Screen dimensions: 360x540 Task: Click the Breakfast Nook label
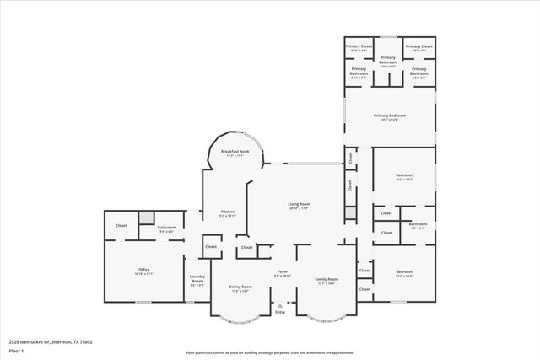[235, 152]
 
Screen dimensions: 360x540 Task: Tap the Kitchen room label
[228, 212]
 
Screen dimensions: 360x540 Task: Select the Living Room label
[300, 204]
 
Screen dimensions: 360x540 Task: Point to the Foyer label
[282, 272]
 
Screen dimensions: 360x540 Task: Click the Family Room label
[327, 279]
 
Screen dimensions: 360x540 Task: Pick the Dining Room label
[240, 287]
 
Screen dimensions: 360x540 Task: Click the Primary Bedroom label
[391, 116]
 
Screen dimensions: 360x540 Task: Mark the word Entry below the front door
[279, 313]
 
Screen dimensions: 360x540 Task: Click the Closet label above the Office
[121, 225]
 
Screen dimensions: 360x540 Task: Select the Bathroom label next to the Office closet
[166, 227]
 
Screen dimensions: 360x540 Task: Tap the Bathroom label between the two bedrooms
[418, 224]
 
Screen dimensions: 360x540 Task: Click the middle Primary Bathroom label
[387, 59]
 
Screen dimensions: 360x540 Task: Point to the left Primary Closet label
[359, 46]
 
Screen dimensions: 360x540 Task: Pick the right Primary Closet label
[419, 46]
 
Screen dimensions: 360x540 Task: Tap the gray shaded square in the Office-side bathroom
[147, 218]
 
